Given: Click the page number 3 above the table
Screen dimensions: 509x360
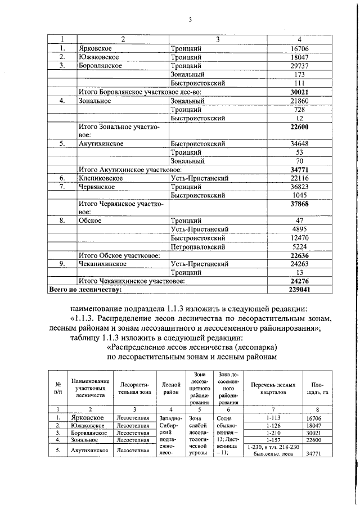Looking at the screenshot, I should point(190,21).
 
